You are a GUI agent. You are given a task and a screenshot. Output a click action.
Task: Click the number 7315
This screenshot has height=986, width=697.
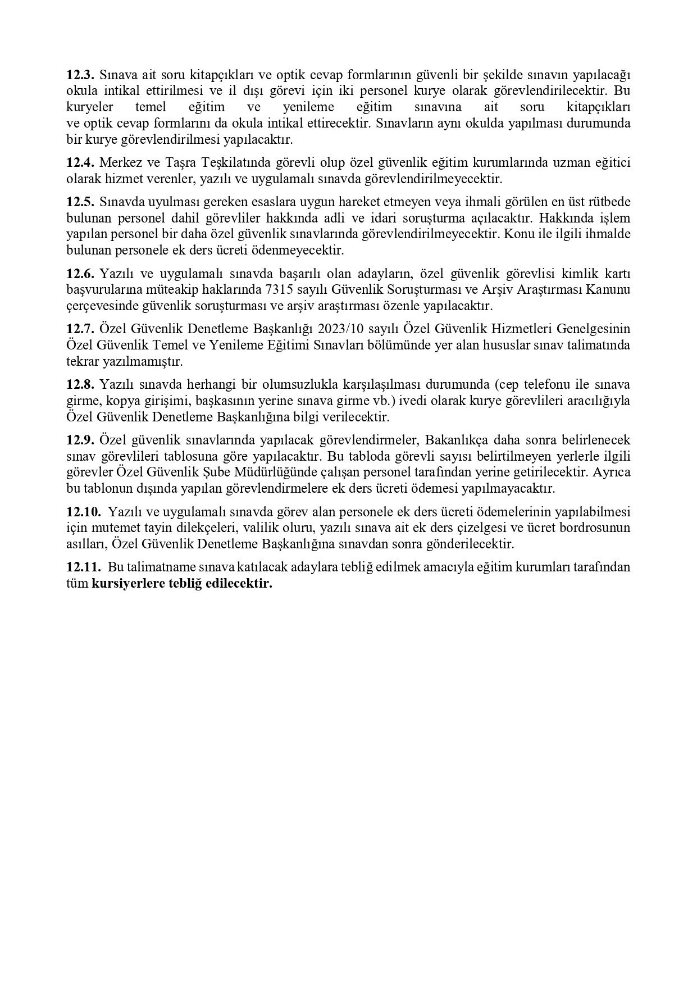click(x=280, y=290)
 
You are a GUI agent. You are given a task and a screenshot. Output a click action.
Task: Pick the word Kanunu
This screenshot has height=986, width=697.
click(x=609, y=290)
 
